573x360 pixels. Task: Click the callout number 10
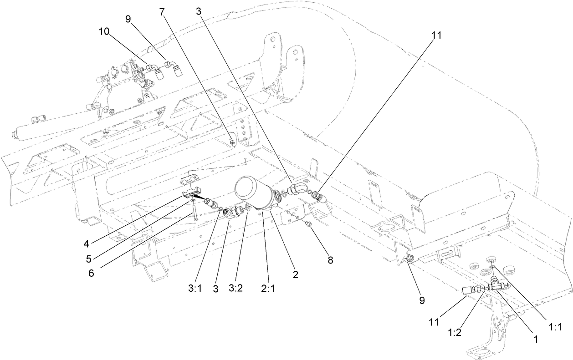tap(103, 31)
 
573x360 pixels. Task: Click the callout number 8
tap(330, 260)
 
